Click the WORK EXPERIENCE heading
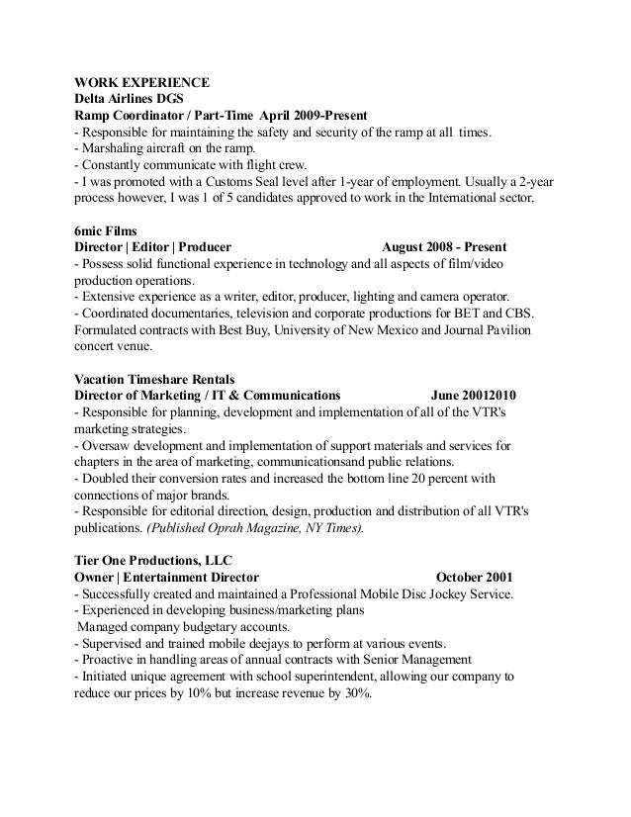(x=142, y=82)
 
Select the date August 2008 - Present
(x=446, y=246)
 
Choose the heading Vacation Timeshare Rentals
(x=154, y=379)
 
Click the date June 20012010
(x=475, y=396)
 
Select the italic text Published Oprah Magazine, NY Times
(x=254, y=528)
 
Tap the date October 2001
(x=474, y=577)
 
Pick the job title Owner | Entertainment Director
(x=167, y=577)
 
